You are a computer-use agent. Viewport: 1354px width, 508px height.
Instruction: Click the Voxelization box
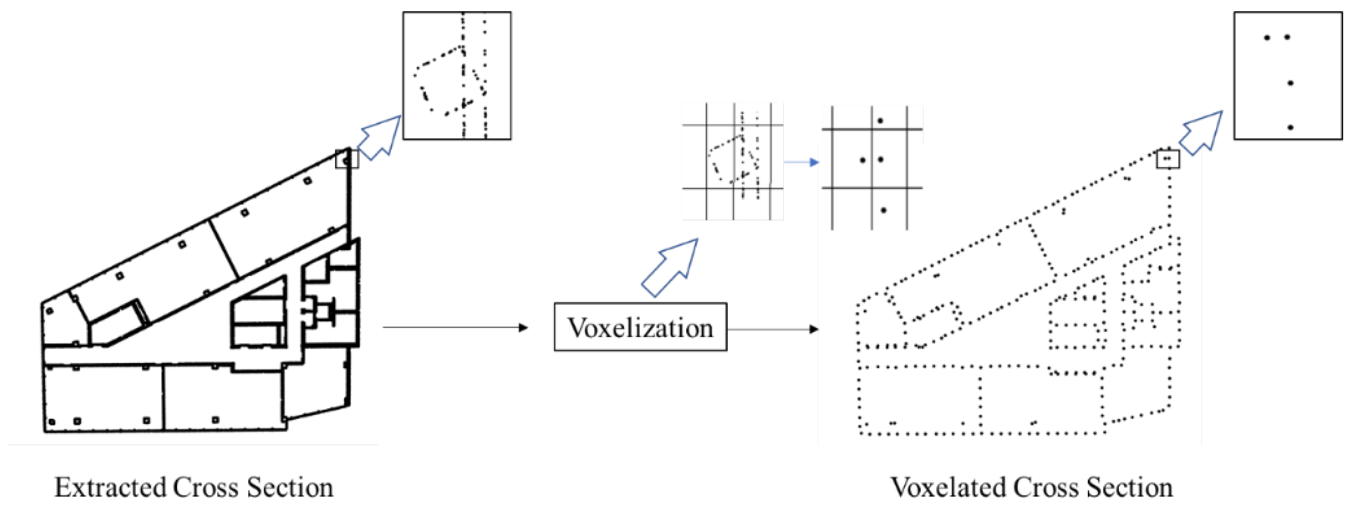[x=640, y=327]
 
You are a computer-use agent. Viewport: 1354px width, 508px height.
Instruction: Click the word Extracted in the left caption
[x=110, y=487]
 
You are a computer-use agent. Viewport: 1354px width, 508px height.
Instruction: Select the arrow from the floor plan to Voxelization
[x=455, y=328]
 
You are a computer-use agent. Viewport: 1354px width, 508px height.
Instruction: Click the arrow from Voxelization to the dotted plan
[x=773, y=329]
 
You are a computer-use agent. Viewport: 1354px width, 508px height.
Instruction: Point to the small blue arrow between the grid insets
[x=801, y=162]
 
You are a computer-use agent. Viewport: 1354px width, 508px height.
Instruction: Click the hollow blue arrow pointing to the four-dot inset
[x=1201, y=133]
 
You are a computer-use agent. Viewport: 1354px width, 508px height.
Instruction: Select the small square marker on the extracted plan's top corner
[x=347, y=159]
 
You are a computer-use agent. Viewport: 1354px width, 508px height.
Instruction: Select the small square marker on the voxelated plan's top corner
[x=1168, y=159]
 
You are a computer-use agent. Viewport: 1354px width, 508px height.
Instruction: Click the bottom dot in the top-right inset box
[x=1290, y=127]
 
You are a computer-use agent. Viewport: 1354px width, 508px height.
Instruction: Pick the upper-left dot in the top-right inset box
[x=1267, y=37]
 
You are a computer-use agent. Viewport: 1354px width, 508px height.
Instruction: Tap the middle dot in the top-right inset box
[x=1290, y=83]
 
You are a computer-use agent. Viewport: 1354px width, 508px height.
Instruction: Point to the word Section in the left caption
[x=290, y=487]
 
